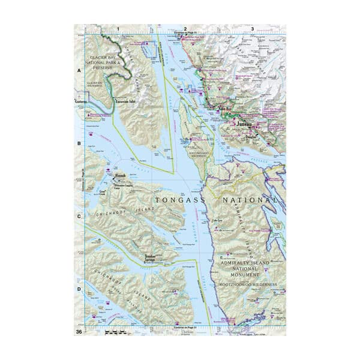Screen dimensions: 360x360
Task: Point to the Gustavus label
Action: [81, 102]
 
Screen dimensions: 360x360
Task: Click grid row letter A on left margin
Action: [79, 70]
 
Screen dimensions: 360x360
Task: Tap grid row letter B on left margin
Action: [79, 144]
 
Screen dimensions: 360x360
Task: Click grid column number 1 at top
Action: [118, 28]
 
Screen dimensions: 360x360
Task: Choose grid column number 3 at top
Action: [252, 28]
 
